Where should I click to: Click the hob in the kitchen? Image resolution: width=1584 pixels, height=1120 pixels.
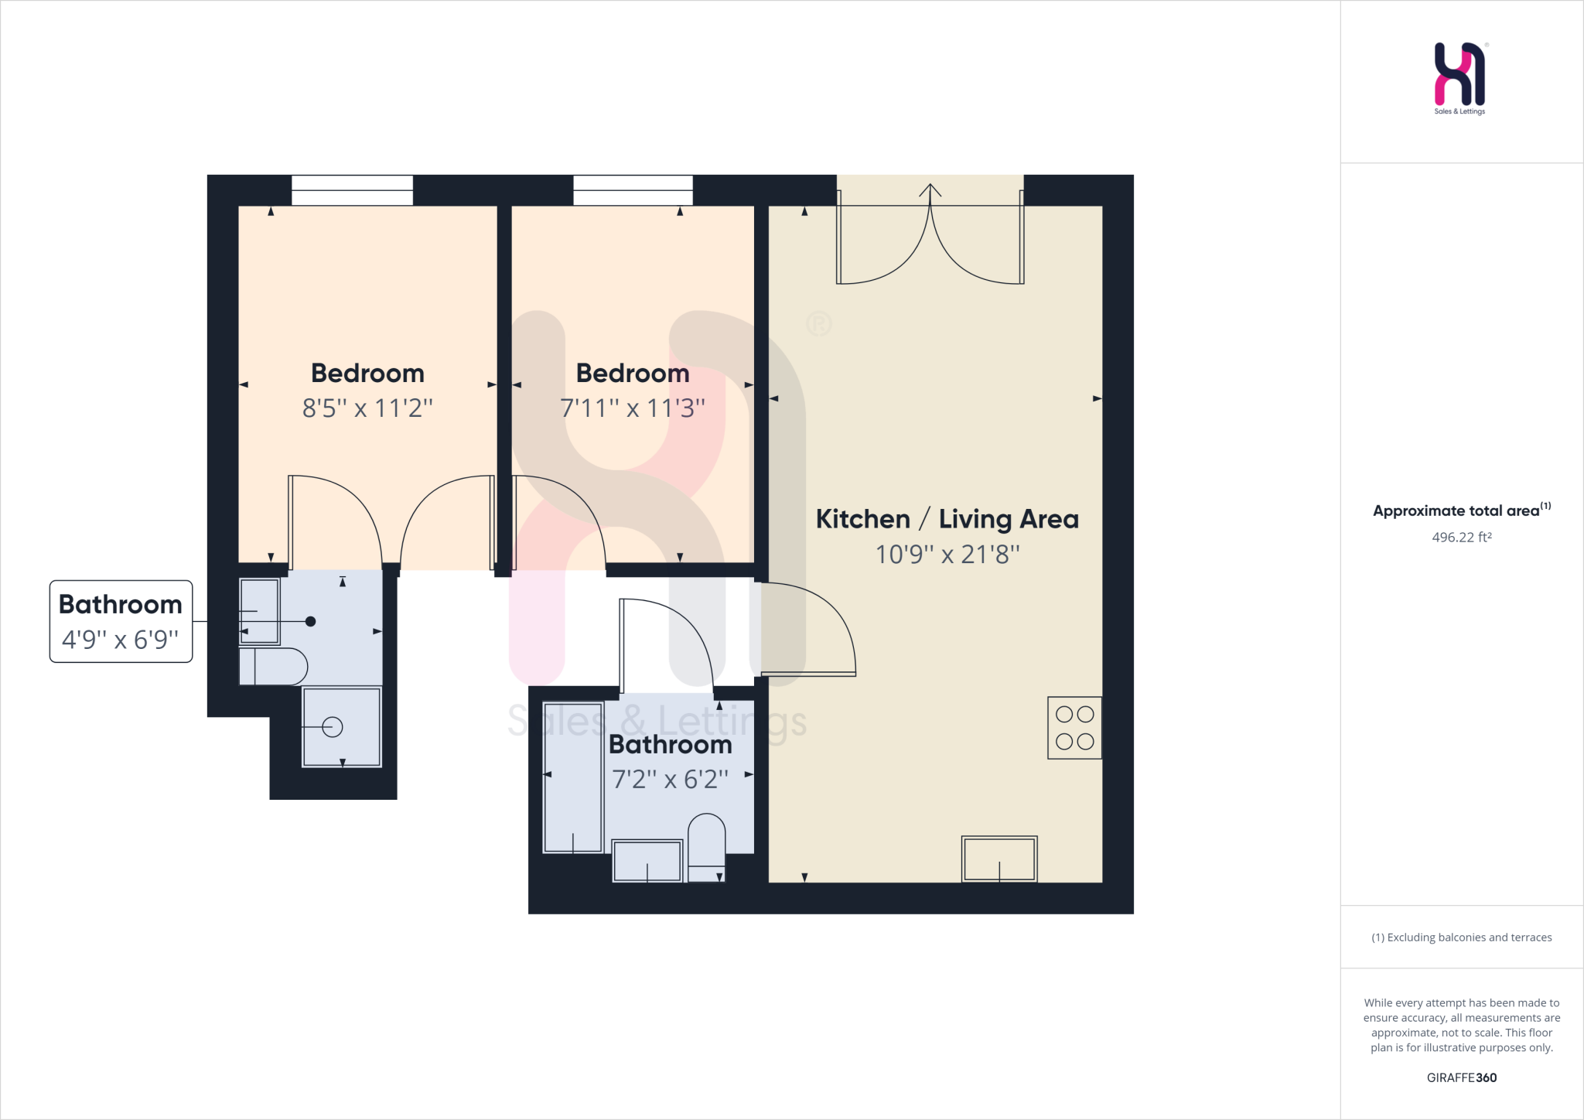[1074, 728]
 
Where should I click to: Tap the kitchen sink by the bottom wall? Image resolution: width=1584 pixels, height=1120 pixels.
[999, 859]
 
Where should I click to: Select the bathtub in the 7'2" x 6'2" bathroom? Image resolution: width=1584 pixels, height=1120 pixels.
[573, 777]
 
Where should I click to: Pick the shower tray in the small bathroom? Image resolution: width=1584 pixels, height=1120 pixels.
[342, 727]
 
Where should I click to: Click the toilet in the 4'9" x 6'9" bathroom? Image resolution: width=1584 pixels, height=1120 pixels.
[273, 666]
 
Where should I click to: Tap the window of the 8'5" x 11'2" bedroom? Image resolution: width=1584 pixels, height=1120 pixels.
[352, 190]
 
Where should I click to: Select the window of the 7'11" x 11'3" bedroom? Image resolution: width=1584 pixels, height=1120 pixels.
[633, 190]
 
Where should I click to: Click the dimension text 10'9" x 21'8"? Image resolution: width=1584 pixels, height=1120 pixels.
[947, 555]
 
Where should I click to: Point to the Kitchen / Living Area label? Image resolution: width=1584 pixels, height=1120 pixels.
[947, 519]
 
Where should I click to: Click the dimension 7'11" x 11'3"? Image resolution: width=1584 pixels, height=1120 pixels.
[633, 408]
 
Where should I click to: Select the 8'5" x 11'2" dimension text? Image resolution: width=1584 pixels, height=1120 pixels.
[367, 408]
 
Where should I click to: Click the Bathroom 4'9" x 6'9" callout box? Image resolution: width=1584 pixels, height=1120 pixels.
[121, 621]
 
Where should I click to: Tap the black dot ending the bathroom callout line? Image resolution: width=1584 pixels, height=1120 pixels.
[310, 621]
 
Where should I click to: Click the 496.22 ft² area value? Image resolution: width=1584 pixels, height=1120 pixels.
[1461, 537]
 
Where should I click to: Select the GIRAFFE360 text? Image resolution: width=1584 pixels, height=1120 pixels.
[1461, 1077]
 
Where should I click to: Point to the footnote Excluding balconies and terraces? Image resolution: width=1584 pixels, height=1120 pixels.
[1461, 937]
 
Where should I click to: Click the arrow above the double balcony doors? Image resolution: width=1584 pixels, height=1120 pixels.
[930, 190]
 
